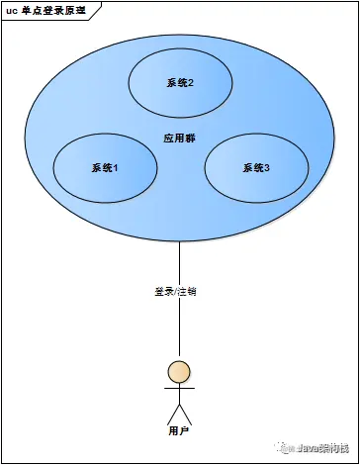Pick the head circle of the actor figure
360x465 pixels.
179,372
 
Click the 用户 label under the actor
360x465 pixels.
179,431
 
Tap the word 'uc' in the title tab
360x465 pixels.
12,9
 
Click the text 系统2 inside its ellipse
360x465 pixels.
179,82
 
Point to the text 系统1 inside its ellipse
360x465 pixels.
104,168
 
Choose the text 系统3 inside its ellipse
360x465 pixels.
256,168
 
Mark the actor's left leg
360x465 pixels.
172,414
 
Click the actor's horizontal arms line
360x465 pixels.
179,389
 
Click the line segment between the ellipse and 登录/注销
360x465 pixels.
179,262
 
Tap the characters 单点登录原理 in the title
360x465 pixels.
58,9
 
